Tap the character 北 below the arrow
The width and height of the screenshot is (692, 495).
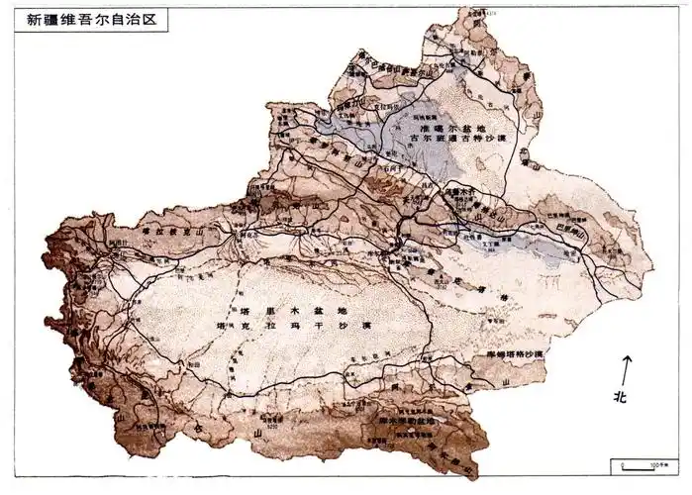tap(621, 397)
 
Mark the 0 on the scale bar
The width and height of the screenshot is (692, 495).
tap(621, 460)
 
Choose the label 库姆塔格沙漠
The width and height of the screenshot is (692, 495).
tap(509, 353)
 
